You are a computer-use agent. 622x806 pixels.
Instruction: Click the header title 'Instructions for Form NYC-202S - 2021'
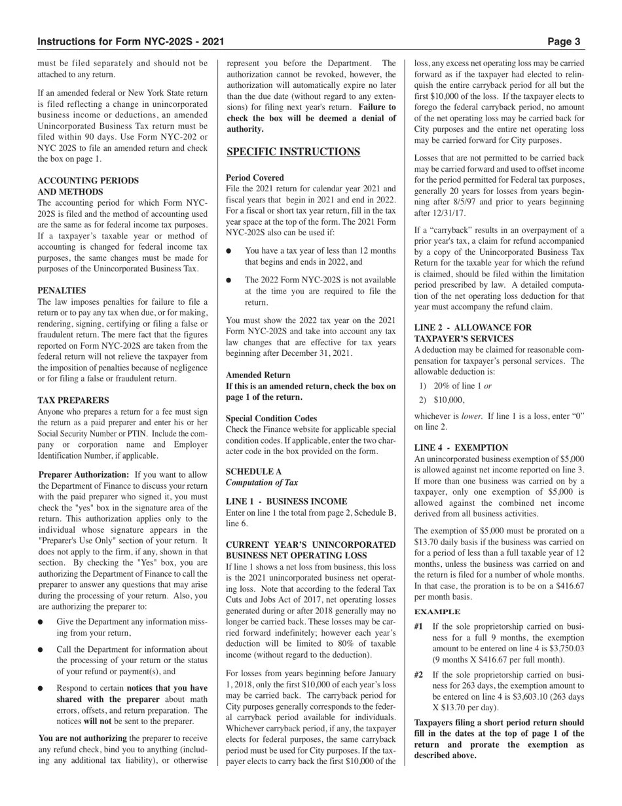[131, 42]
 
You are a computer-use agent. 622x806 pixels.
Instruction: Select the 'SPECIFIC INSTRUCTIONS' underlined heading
[293, 152]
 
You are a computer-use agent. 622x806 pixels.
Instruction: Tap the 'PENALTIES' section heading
[62, 290]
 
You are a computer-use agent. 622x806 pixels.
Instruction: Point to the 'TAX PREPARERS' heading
[73, 400]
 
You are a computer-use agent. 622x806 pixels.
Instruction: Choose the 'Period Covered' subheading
[255, 178]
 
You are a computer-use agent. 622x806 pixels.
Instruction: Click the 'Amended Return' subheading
[258, 375]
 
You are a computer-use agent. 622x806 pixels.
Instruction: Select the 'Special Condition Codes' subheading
[271, 419]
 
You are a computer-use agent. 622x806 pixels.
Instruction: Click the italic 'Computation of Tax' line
[262, 483]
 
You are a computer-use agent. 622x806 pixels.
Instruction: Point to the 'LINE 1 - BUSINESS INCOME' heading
[287, 501]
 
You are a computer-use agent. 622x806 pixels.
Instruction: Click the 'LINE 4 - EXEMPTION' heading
[461, 448]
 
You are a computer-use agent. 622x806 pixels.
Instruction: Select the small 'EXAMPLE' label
[437, 611]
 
